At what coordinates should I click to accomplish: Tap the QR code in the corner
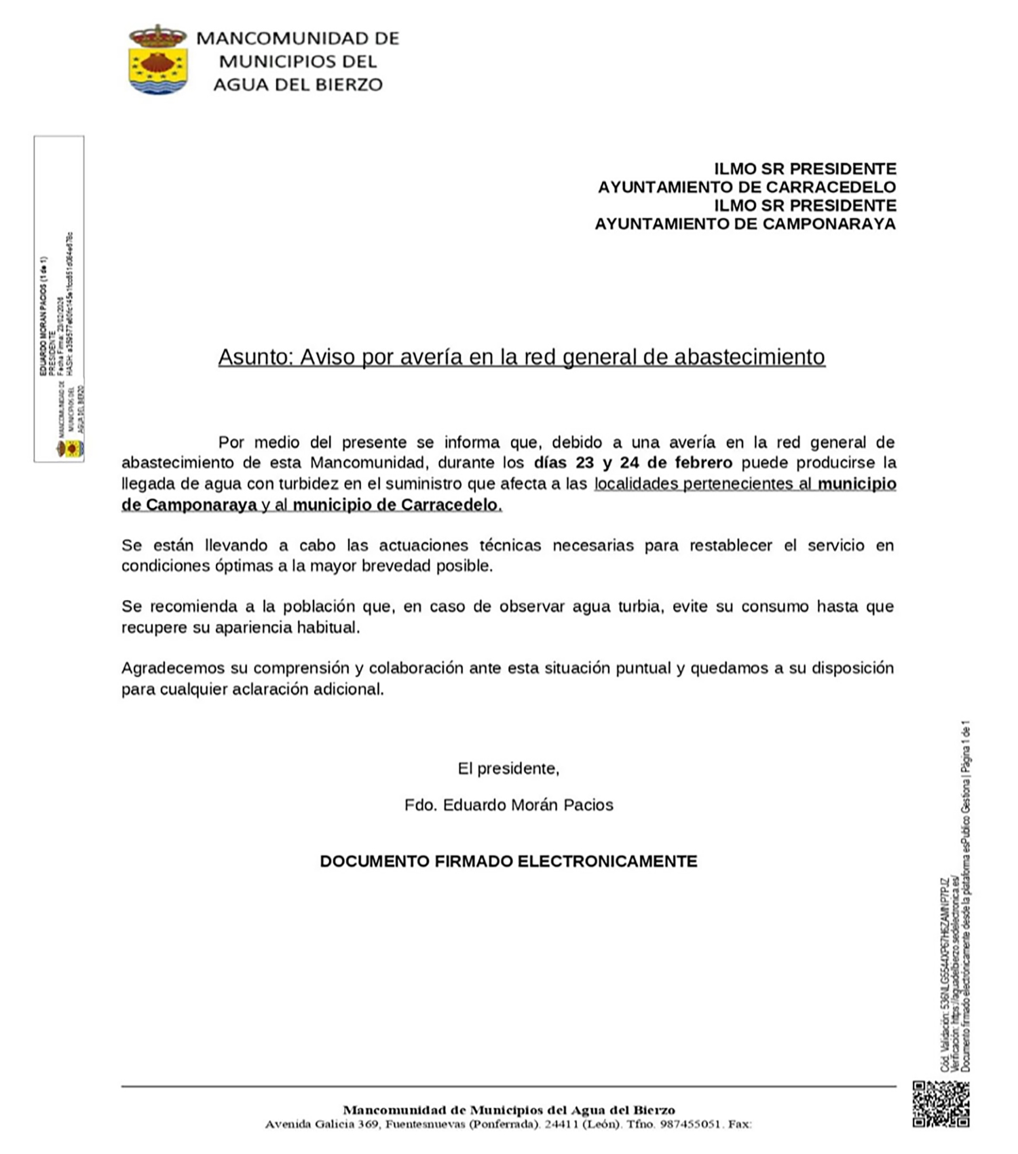(x=941, y=1104)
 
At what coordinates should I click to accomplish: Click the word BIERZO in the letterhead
(x=347, y=84)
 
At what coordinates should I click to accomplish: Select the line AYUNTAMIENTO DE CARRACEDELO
(x=747, y=187)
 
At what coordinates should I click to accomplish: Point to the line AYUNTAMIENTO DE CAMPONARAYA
(x=745, y=224)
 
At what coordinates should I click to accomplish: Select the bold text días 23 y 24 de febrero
(x=633, y=463)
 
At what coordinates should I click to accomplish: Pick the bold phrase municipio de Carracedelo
(x=396, y=505)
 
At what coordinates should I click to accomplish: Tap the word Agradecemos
(x=173, y=669)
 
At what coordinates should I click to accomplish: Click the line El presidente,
(x=508, y=768)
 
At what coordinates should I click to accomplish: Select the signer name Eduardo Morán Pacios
(x=527, y=805)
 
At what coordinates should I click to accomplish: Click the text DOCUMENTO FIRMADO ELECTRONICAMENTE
(x=508, y=861)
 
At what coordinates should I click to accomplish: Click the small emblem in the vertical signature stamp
(x=71, y=449)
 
